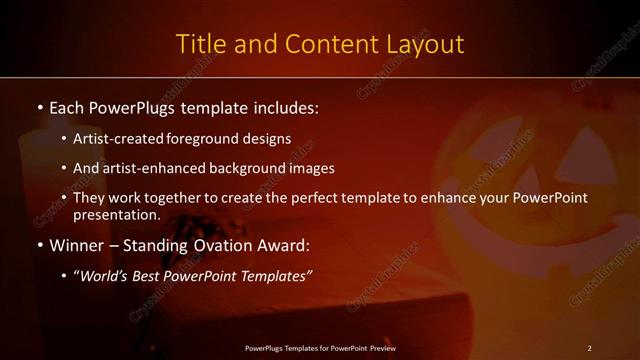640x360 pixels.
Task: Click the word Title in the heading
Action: [199, 44]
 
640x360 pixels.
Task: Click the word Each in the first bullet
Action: [68, 106]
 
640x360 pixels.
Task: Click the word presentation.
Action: [116, 214]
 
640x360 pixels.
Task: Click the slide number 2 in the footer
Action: [589, 348]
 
